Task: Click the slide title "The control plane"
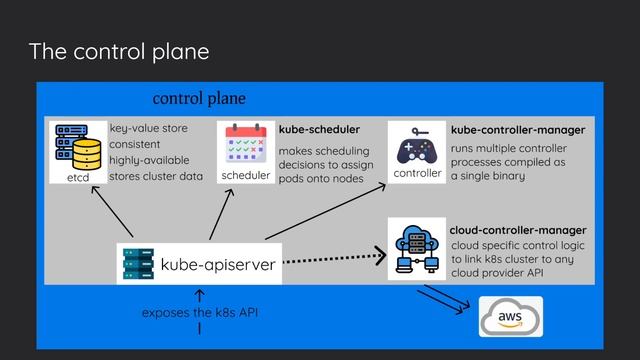119,51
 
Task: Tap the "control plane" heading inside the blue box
198,99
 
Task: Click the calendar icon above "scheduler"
245,144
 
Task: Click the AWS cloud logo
510,316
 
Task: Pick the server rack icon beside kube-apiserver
138,264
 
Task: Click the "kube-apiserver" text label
218,265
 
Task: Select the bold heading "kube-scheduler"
319,130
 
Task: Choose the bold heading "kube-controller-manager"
518,130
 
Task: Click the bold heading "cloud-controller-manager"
518,230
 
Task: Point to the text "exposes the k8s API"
200,313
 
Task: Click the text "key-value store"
149,129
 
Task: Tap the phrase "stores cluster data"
155,176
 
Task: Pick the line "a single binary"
488,176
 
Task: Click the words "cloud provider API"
498,273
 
